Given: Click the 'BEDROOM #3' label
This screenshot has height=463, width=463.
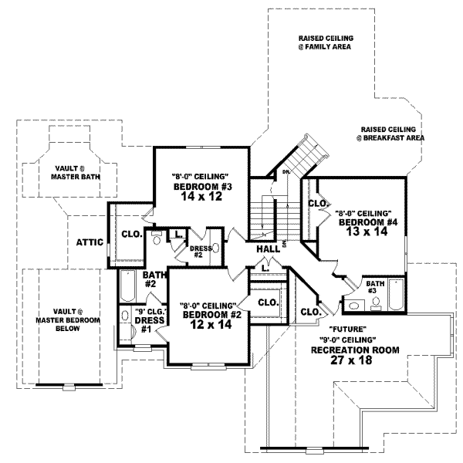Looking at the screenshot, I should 201,187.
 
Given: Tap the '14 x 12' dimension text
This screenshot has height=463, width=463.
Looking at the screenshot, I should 201,198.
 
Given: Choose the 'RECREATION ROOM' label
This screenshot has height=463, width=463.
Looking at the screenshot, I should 354,350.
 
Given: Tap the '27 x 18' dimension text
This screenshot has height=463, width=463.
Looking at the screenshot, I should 354,360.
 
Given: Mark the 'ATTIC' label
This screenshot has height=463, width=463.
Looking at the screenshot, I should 90,242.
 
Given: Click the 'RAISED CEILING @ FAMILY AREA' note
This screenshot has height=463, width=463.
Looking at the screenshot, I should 324,42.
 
